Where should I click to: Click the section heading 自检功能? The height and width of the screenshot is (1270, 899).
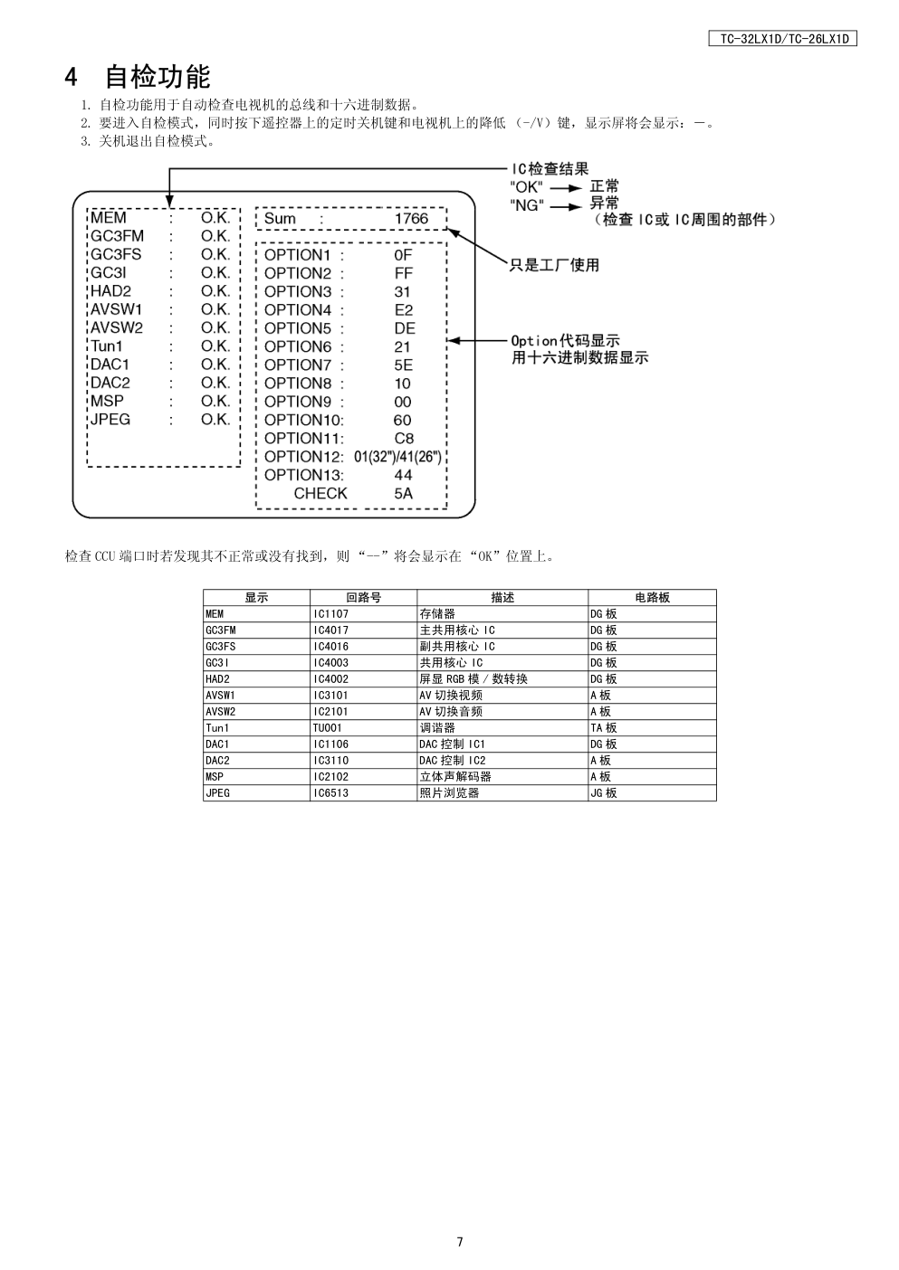157,77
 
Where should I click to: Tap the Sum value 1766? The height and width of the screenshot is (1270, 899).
411,219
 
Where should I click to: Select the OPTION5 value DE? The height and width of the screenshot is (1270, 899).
404,328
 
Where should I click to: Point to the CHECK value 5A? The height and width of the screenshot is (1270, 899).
403,494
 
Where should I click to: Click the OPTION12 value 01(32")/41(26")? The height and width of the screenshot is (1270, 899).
397,457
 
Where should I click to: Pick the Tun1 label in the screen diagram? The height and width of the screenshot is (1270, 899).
106,346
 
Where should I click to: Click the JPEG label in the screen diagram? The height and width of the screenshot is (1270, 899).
110,420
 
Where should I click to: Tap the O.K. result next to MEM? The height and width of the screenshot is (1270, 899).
215,218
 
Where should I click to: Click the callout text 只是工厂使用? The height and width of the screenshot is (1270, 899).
554,265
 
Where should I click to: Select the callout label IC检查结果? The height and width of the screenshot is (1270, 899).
550,168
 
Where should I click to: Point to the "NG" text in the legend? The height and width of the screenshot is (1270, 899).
527,205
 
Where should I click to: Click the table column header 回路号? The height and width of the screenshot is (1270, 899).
363,598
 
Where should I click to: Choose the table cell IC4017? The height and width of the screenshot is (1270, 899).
330,630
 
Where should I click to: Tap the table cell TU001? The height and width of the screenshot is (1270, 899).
328,728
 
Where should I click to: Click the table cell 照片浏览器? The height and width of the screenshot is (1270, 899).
449,793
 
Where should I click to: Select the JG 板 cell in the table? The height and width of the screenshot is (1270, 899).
603,793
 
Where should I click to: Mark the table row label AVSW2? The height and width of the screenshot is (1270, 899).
220,712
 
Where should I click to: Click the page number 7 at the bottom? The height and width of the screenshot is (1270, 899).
460,1242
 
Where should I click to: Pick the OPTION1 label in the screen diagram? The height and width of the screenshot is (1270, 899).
298,255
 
